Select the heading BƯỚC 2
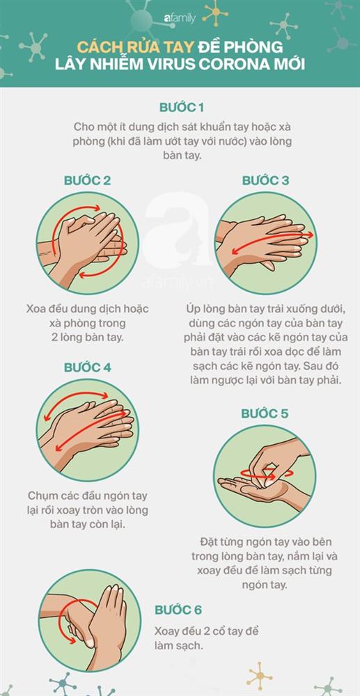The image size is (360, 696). click(86, 180)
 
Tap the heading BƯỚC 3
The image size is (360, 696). click(265, 180)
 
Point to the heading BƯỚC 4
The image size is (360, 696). click(87, 367)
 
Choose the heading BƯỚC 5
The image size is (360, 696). click(265, 413)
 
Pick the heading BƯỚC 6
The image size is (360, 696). click(178, 610)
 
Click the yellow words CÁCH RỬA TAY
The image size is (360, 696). click(130, 48)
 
